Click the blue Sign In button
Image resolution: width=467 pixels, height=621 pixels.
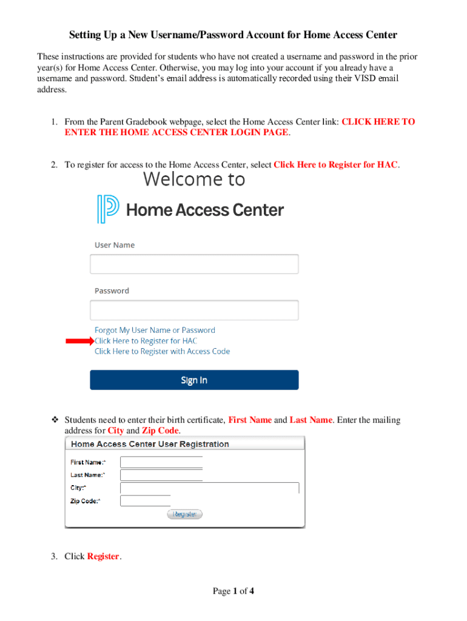pos(194,380)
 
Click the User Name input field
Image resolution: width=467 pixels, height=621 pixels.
pos(194,264)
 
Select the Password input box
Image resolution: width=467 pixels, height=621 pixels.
pos(194,310)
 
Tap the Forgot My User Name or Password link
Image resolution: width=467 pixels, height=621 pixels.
pos(155,330)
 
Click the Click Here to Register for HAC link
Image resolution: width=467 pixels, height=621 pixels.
pos(146,341)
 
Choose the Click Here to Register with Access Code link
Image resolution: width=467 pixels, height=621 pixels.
pos(162,351)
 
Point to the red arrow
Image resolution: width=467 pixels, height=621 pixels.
pos(79,341)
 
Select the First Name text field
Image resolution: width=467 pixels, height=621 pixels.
pos(161,462)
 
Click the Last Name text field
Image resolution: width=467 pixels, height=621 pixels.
pos(161,475)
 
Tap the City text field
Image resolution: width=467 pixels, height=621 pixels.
pos(210,488)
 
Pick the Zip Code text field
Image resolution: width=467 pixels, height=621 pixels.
pos(146,501)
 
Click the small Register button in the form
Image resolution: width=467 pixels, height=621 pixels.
pos(184,514)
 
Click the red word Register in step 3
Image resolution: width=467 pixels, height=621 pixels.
pos(104,556)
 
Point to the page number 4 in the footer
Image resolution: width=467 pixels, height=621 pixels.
pos(251,591)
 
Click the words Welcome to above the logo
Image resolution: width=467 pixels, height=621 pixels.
pos(194,179)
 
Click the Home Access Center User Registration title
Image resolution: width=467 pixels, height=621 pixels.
pos(150,444)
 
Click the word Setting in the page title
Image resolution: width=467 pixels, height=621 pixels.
pos(85,35)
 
